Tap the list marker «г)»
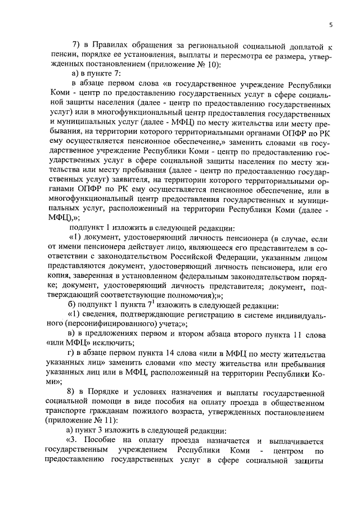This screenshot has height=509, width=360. pyautogui.click(x=71, y=353)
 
